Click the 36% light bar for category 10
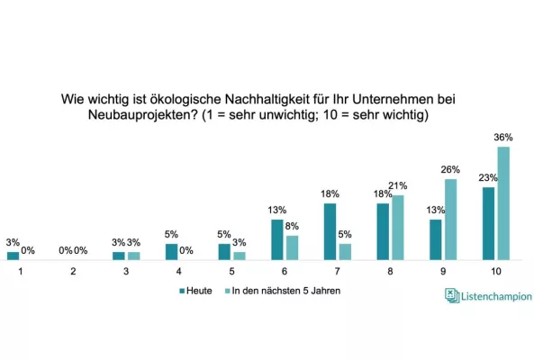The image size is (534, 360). coord(503,202)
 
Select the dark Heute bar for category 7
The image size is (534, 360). coord(330,231)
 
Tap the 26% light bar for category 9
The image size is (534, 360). coord(450,219)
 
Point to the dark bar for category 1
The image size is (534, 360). coord(13,256)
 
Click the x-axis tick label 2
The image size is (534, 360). coord(72,271)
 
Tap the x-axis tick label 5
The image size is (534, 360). coord(231,271)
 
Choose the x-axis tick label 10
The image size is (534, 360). coord(496,271)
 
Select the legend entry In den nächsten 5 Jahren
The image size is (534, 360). coord(283,292)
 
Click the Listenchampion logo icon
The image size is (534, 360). coord(452,295)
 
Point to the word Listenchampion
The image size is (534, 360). coord(496,296)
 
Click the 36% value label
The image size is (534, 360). coord(503,138)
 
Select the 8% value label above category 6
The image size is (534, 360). coord(293,227)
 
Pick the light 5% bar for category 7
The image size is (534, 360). coord(345,251)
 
